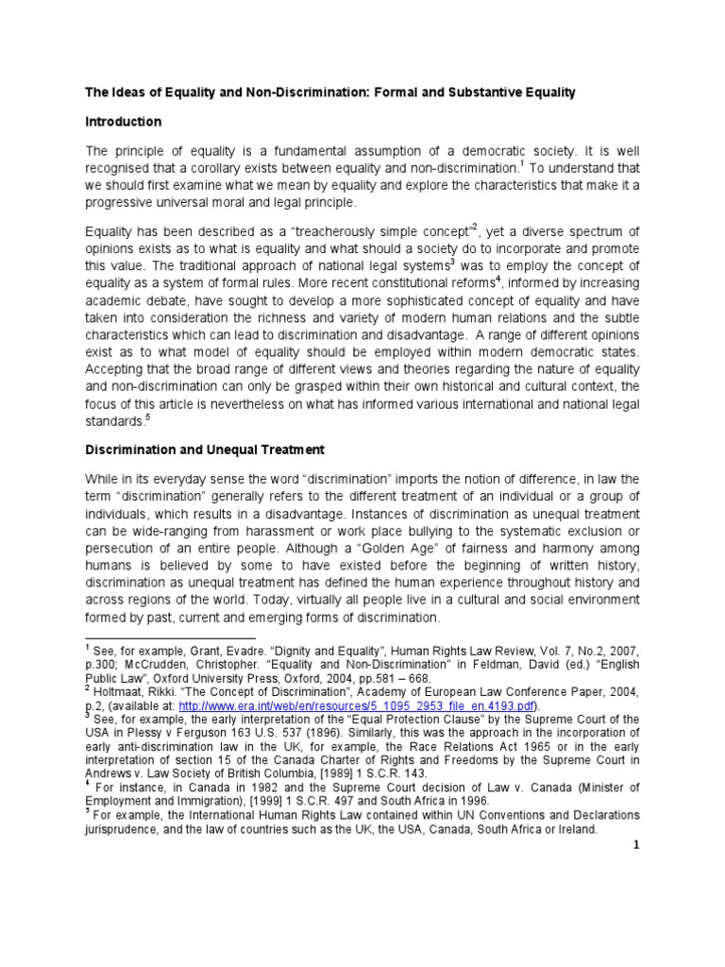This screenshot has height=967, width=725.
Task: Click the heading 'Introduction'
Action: point(124,122)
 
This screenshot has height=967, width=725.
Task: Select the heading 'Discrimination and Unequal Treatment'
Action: point(205,450)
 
